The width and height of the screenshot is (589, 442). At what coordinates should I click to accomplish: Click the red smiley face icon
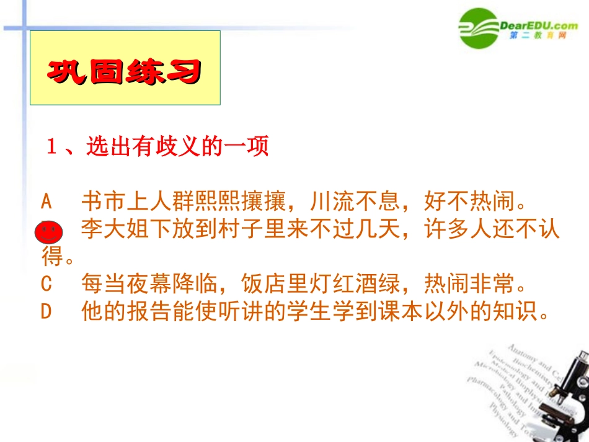(x=49, y=233)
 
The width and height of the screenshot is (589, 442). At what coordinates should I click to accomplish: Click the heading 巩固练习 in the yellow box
(x=125, y=71)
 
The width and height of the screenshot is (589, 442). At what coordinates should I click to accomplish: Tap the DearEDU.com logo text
(x=538, y=25)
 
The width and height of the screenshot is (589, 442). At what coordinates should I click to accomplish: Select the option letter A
(x=47, y=201)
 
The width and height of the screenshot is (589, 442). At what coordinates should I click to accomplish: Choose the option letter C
(x=46, y=285)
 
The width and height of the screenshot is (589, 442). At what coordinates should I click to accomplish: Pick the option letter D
(x=46, y=312)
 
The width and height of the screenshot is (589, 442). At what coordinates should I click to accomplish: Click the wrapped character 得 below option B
(x=51, y=257)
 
